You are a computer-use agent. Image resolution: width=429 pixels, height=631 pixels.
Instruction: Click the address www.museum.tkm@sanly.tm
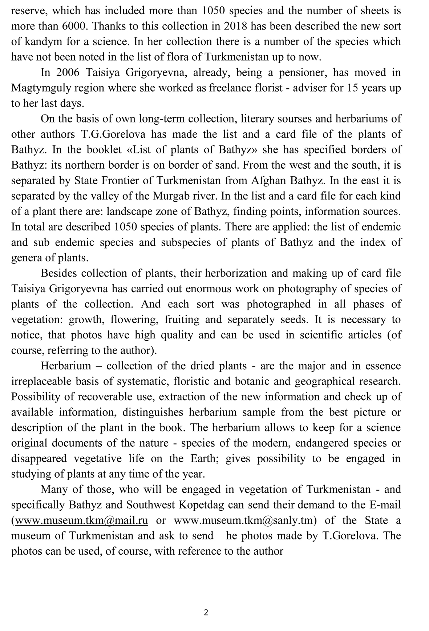(x=243, y=521)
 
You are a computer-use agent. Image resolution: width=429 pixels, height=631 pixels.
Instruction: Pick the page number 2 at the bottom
(x=206, y=613)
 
